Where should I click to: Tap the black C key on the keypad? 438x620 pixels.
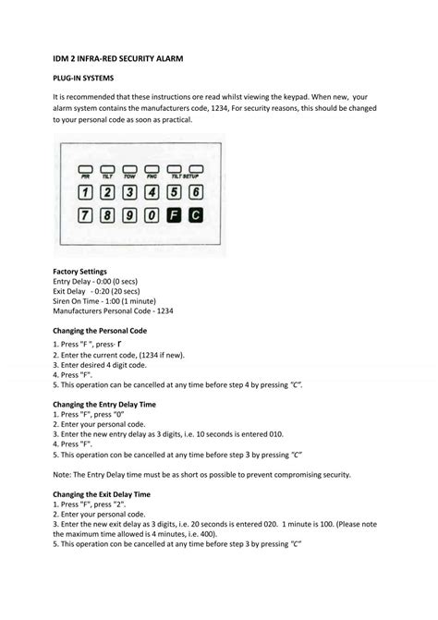coord(194,215)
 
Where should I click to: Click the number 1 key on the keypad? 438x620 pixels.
coord(85,192)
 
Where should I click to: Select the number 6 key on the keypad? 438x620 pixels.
coord(194,192)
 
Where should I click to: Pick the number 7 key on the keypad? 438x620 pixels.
coord(85,215)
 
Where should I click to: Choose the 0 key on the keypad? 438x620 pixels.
coord(151,215)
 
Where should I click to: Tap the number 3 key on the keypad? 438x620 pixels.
coord(128,192)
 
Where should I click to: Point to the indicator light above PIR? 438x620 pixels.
coord(85,169)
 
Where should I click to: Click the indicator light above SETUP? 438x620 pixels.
coord(194,169)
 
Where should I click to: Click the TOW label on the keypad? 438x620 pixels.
coord(128,178)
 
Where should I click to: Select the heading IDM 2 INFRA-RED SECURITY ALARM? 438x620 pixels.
coord(118,59)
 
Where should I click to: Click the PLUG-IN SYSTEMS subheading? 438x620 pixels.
coord(84,79)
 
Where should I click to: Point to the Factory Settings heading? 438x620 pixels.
coord(81,271)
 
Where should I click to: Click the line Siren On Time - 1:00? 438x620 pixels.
coord(101,301)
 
